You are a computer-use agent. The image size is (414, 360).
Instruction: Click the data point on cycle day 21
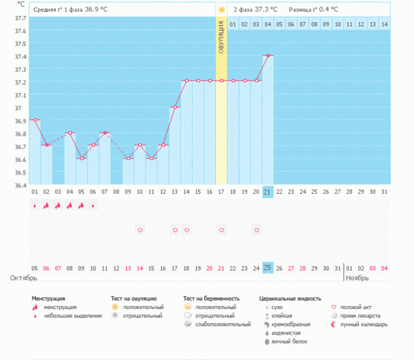[x=268, y=55]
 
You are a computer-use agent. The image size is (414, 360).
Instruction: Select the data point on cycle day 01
[x=34, y=120]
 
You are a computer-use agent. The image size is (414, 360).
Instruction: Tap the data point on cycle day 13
[x=175, y=107]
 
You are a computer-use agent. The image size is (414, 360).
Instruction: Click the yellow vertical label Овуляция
[x=221, y=32]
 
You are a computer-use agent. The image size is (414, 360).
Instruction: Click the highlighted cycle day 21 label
[x=268, y=191]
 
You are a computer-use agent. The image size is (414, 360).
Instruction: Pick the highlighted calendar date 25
[x=268, y=268]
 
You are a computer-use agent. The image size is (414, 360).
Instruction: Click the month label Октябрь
[x=23, y=278]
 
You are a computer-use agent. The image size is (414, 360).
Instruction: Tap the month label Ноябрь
[x=357, y=278]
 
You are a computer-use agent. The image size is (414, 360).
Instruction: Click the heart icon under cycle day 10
[x=139, y=230]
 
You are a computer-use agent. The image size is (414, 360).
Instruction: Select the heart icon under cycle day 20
[x=256, y=230]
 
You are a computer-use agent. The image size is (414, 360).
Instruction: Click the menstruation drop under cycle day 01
[x=34, y=205]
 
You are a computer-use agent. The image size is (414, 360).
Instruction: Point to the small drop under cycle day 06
[x=93, y=205]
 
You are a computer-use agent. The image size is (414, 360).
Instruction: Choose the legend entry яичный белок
[x=288, y=341]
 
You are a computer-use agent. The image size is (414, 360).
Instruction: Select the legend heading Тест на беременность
[x=214, y=299]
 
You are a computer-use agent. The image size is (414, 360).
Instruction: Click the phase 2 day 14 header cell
[x=384, y=25]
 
